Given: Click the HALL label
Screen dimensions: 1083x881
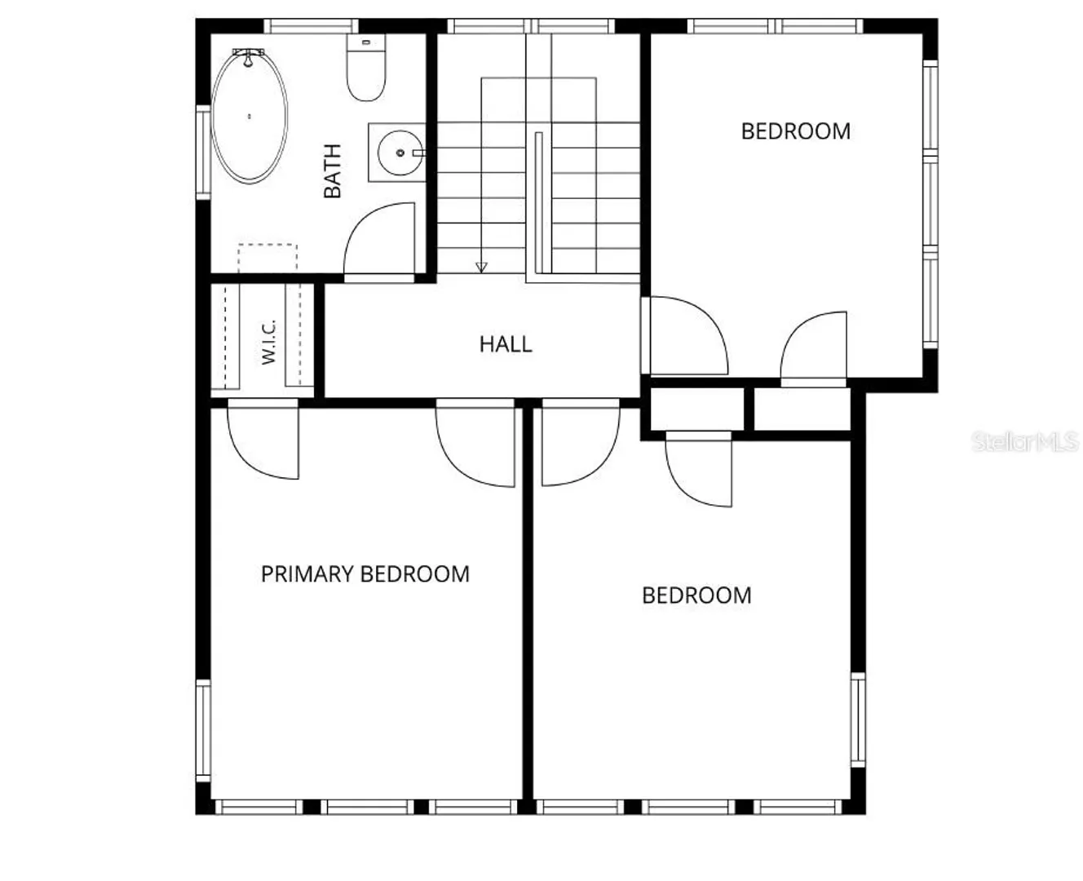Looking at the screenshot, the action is [x=506, y=344].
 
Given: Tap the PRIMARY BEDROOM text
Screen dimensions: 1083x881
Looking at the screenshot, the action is [x=365, y=573].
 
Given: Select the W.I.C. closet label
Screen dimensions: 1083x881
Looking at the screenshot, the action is [x=268, y=341].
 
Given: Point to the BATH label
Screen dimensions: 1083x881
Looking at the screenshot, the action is [x=332, y=171].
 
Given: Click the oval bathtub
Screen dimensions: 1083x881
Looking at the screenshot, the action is [x=250, y=117].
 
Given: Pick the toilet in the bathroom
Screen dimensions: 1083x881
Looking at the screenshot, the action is [x=366, y=67].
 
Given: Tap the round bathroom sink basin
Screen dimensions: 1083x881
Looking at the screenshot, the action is [x=400, y=153].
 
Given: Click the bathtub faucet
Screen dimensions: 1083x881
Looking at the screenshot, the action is [x=248, y=56].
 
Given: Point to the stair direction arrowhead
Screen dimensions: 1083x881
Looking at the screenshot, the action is [x=481, y=268].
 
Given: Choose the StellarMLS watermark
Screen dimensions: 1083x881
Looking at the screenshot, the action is [x=1025, y=442].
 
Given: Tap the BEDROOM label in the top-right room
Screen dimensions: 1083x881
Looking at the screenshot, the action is [x=796, y=131].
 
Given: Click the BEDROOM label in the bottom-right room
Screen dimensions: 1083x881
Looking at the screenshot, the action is [x=696, y=595].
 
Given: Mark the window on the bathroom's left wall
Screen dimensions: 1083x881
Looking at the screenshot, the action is [x=203, y=152].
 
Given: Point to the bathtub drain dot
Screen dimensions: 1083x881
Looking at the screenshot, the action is [x=250, y=117].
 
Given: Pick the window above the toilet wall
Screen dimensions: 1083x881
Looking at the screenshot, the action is [x=311, y=26].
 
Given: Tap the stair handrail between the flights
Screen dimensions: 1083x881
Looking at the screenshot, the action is [x=538, y=202].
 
